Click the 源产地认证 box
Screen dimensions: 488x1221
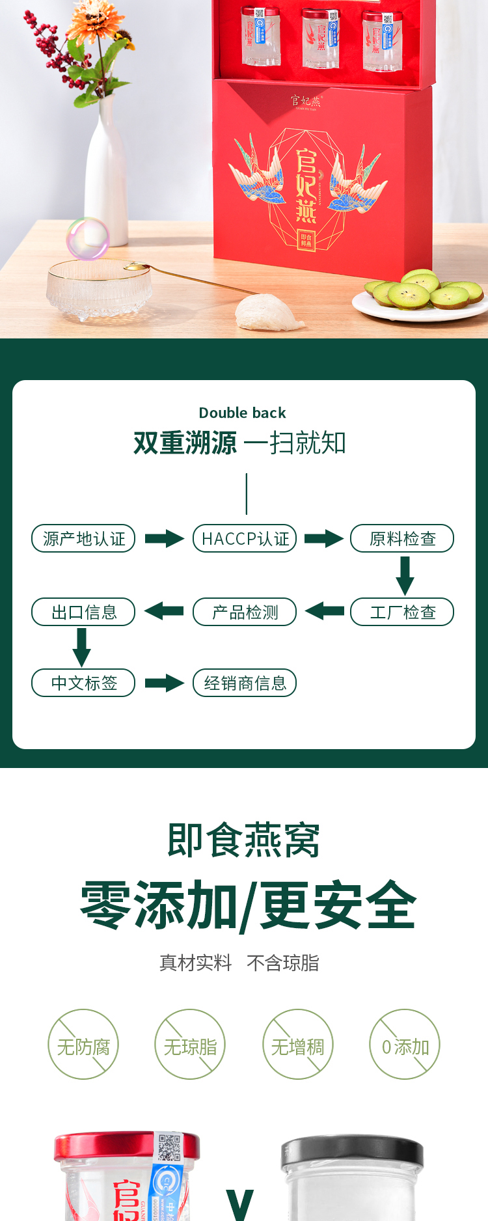(83, 538)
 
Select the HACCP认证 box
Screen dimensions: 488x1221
(245, 538)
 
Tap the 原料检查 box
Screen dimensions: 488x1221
(402, 538)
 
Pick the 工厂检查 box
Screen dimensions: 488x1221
(402, 612)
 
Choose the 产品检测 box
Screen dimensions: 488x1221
(245, 612)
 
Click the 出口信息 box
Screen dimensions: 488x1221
(83, 612)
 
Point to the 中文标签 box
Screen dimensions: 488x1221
(83, 683)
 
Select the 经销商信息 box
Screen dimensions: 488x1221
(245, 683)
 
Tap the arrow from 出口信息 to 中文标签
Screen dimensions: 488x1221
(82, 647)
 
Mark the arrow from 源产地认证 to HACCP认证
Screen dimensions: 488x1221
(164, 538)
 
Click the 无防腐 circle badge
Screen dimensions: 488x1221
(83, 1044)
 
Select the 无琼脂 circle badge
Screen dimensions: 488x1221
(190, 1044)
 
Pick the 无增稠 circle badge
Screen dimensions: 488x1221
(297, 1044)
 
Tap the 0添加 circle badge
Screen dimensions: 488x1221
(405, 1044)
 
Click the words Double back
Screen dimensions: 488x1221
(242, 413)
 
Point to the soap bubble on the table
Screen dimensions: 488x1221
(87, 238)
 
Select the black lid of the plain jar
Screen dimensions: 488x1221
(352, 1153)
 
